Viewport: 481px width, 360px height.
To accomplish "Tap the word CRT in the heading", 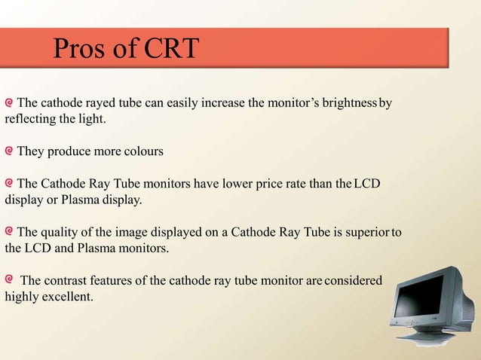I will point(170,49).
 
